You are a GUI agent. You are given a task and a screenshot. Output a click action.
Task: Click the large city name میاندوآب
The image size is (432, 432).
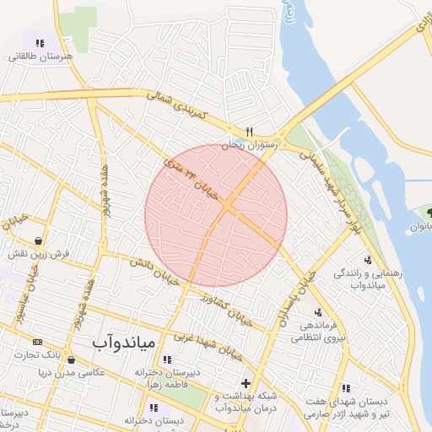click(x=122, y=343)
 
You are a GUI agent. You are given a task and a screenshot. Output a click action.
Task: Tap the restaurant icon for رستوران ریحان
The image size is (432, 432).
click(x=249, y=132)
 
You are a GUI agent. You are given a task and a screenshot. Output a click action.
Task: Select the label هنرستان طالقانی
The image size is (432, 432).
click(x=40, y=57)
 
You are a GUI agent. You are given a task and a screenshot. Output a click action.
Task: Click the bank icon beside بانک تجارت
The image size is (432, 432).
click(x=37, y=342)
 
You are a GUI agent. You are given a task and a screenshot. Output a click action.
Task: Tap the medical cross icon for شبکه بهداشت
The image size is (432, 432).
click(x=246, y=384)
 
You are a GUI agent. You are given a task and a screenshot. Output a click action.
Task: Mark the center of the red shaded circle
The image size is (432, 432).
click(x=216, y=215)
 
